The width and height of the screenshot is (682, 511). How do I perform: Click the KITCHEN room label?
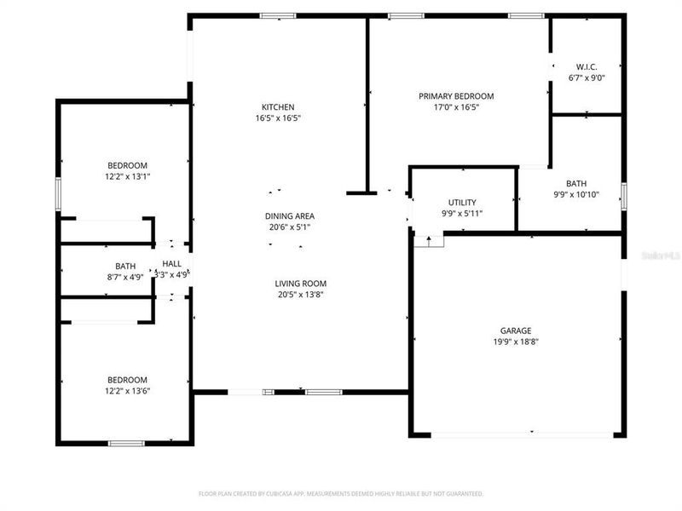click(x=278, y=107)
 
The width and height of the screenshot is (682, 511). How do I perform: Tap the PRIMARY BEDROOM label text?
click(x=455, y=96)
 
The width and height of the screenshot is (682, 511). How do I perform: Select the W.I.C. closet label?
click(x=587, y=66)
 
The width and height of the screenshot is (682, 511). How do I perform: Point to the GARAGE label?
click(x=516, y=330)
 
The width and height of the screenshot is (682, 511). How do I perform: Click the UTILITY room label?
click(x=462, y=202)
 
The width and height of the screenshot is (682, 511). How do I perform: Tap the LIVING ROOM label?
click(x=300, y=284)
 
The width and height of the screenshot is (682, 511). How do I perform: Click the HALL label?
click(x=172, y=264)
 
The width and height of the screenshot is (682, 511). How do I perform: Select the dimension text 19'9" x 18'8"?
click(x=516, y=342)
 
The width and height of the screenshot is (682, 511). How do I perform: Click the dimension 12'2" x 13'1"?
click(x=127, y=176)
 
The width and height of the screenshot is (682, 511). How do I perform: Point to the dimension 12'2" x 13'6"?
click(x=127, y=391)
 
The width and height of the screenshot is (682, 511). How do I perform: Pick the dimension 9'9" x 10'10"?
click(x=576, y=194)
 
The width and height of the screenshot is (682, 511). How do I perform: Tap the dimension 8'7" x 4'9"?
click(x=125, y=277)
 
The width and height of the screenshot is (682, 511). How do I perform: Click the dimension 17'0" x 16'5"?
click(x=455, y=107)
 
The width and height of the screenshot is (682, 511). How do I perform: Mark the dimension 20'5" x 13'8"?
click(x=300, y=295)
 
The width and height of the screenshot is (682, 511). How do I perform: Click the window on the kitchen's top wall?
click(x=278, y=15)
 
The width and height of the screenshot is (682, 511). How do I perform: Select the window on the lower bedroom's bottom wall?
click(x=126, y=443)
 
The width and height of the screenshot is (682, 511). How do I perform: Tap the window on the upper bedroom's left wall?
click(x=58, y=194)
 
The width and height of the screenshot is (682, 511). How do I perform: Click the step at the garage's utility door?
click(x=429, y=240)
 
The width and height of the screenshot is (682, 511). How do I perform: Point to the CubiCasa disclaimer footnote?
click(x=341, y=493)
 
